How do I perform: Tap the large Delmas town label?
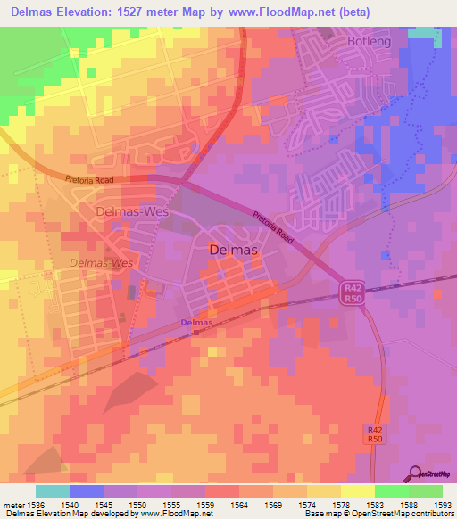click(233, 251)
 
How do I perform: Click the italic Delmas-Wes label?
click(101, 263)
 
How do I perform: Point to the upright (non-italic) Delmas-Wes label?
click(126, 213)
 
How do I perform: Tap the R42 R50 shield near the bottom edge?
click(376, 434)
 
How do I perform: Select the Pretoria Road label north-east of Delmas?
click(272, 227)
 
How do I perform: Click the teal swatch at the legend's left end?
click(52, 491)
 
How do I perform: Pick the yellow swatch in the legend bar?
click(357, 491)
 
